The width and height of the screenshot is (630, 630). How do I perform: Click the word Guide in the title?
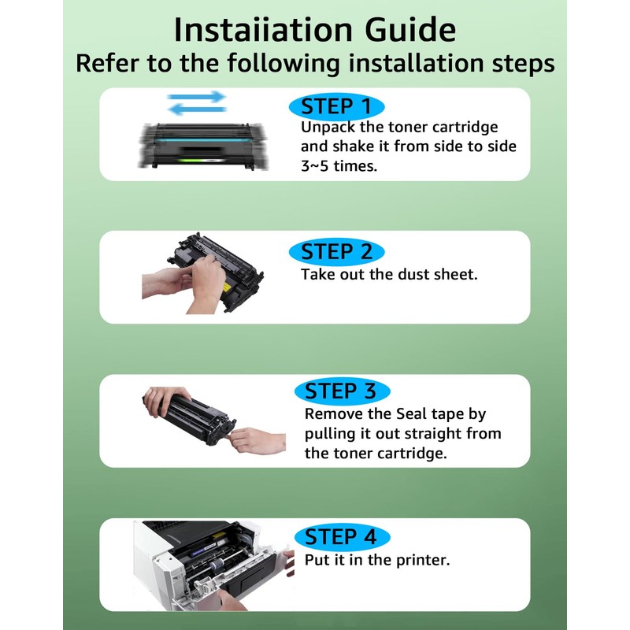409,30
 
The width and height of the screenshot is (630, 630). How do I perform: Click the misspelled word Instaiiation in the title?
263,30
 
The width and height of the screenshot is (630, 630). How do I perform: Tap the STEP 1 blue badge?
337,107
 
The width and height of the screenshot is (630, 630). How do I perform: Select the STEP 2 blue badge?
337,252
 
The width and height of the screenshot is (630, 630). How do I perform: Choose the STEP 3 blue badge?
342,391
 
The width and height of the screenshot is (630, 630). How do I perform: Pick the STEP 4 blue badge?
342,537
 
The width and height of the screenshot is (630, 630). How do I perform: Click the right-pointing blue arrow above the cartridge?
196,97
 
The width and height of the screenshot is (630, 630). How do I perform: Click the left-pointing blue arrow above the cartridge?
196,109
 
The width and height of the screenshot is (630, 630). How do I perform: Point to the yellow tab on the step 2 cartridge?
226,287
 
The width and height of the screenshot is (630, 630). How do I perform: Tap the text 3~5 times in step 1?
339,166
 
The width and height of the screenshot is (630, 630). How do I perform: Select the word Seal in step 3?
411,414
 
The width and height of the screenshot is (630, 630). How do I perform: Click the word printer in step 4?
423,560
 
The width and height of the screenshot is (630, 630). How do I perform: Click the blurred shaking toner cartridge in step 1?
203,146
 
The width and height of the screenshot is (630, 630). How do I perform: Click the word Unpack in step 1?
328,128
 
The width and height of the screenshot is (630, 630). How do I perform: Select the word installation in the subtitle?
417,63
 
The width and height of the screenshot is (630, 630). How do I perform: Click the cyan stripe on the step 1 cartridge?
201,141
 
